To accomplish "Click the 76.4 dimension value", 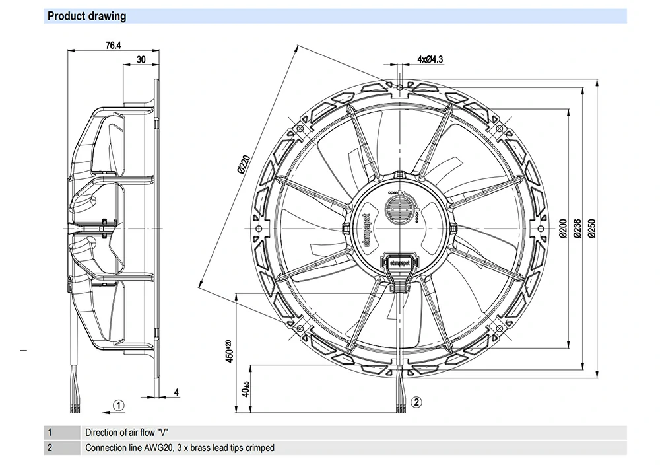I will click(x=114, y=46).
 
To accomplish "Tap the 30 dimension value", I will click(x=141, y=59).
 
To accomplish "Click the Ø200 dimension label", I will click(x=563, y=227).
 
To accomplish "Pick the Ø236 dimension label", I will click(x=577, y=227).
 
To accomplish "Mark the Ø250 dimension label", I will click(x=592, y=227).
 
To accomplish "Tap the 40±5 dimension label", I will click(x=245, y=389).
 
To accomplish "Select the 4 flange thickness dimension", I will click(x=176, y=392).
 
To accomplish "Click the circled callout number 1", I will click(x=117, y=405).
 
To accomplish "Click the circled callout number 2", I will click(x=416, y=401).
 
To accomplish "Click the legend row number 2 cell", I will click(x=49, y=448).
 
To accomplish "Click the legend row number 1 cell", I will click(x=49, y=433).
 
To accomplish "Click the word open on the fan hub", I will click(x=394, y=192).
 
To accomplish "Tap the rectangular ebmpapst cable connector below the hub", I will click(x=397, y=263).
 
